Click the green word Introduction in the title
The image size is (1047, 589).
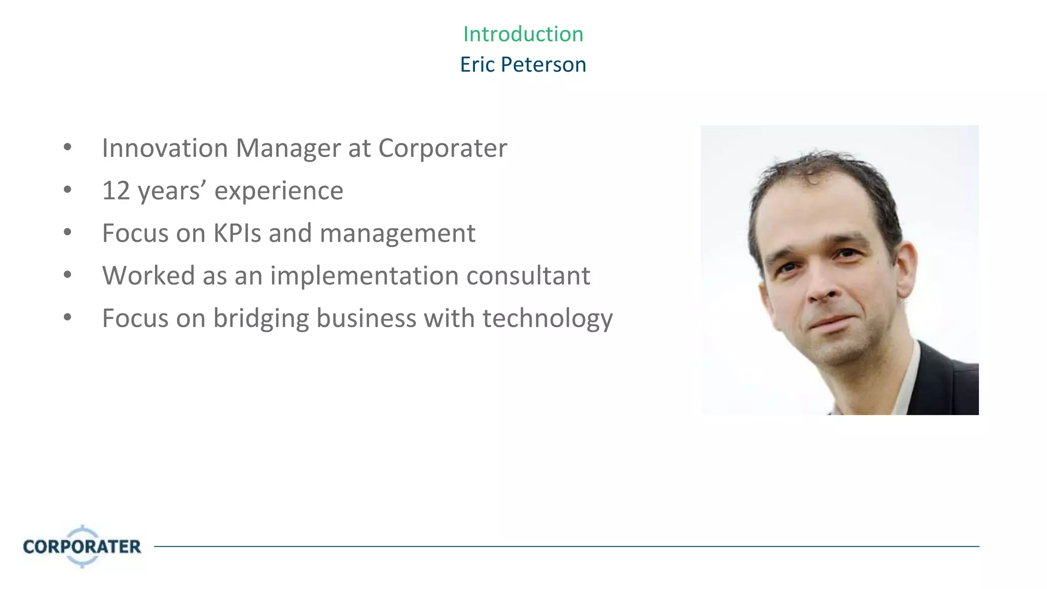tap(523, 34)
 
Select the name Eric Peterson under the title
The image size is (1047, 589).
tap(523, 65)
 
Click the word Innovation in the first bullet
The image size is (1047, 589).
tap(165, 148)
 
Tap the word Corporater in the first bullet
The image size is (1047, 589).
tap(442, 149)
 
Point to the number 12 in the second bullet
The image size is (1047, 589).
tap(116, 191)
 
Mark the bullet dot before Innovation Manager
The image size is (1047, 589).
tap(67, 148)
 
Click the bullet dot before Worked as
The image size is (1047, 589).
tap(67, 275)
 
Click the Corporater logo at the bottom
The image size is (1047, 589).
tap(82, 546)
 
